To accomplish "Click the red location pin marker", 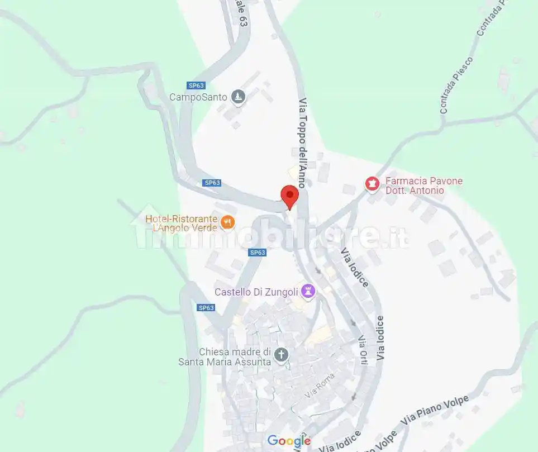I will click(x=289, y=196).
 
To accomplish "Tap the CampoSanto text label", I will click(x=198, y=97).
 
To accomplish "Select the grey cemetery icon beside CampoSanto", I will click(x=239, y=97).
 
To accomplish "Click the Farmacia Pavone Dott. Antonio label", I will click(x=422, y=186).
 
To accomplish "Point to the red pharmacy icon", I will click(x=372, y=183).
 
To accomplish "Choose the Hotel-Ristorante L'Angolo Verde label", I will click(x=181, y=223).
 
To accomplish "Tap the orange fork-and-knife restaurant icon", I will click(x=227, y=222).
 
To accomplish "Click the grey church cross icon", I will click(x=282, y=354).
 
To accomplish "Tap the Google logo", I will click(x=288, y=441).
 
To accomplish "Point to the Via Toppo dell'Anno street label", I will click(x=302, y=142).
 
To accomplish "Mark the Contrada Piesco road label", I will click(x=456, y=85).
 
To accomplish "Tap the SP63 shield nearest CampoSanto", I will click(x=196, y=85).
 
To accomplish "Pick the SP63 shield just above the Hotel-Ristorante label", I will click(x=212, y=183).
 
